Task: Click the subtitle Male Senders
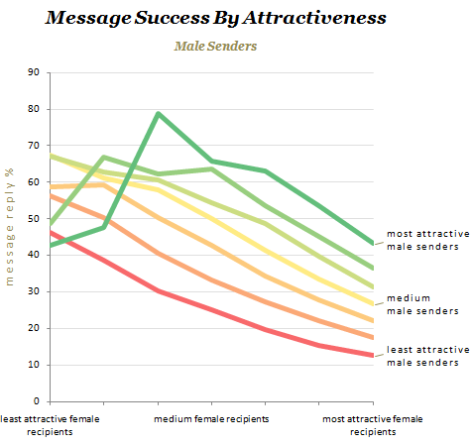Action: point(216,46)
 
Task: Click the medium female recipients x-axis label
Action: point(209,418)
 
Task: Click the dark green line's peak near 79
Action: point(159,113)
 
